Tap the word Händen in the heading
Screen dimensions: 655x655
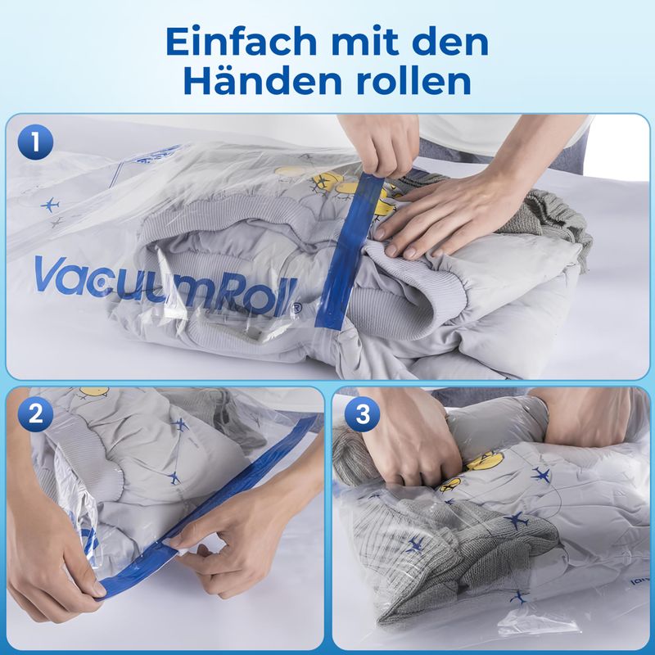[x=263, y=80]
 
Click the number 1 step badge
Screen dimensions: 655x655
[x=35, y=142]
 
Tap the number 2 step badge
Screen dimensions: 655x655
[x=35, y=413]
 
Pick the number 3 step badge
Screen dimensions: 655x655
[x=362, y=413]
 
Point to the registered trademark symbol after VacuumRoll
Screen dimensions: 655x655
[x=297, y=306]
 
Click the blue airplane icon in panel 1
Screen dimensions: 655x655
[x=50, y=205]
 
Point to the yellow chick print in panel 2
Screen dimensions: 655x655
[x=93, y=391]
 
